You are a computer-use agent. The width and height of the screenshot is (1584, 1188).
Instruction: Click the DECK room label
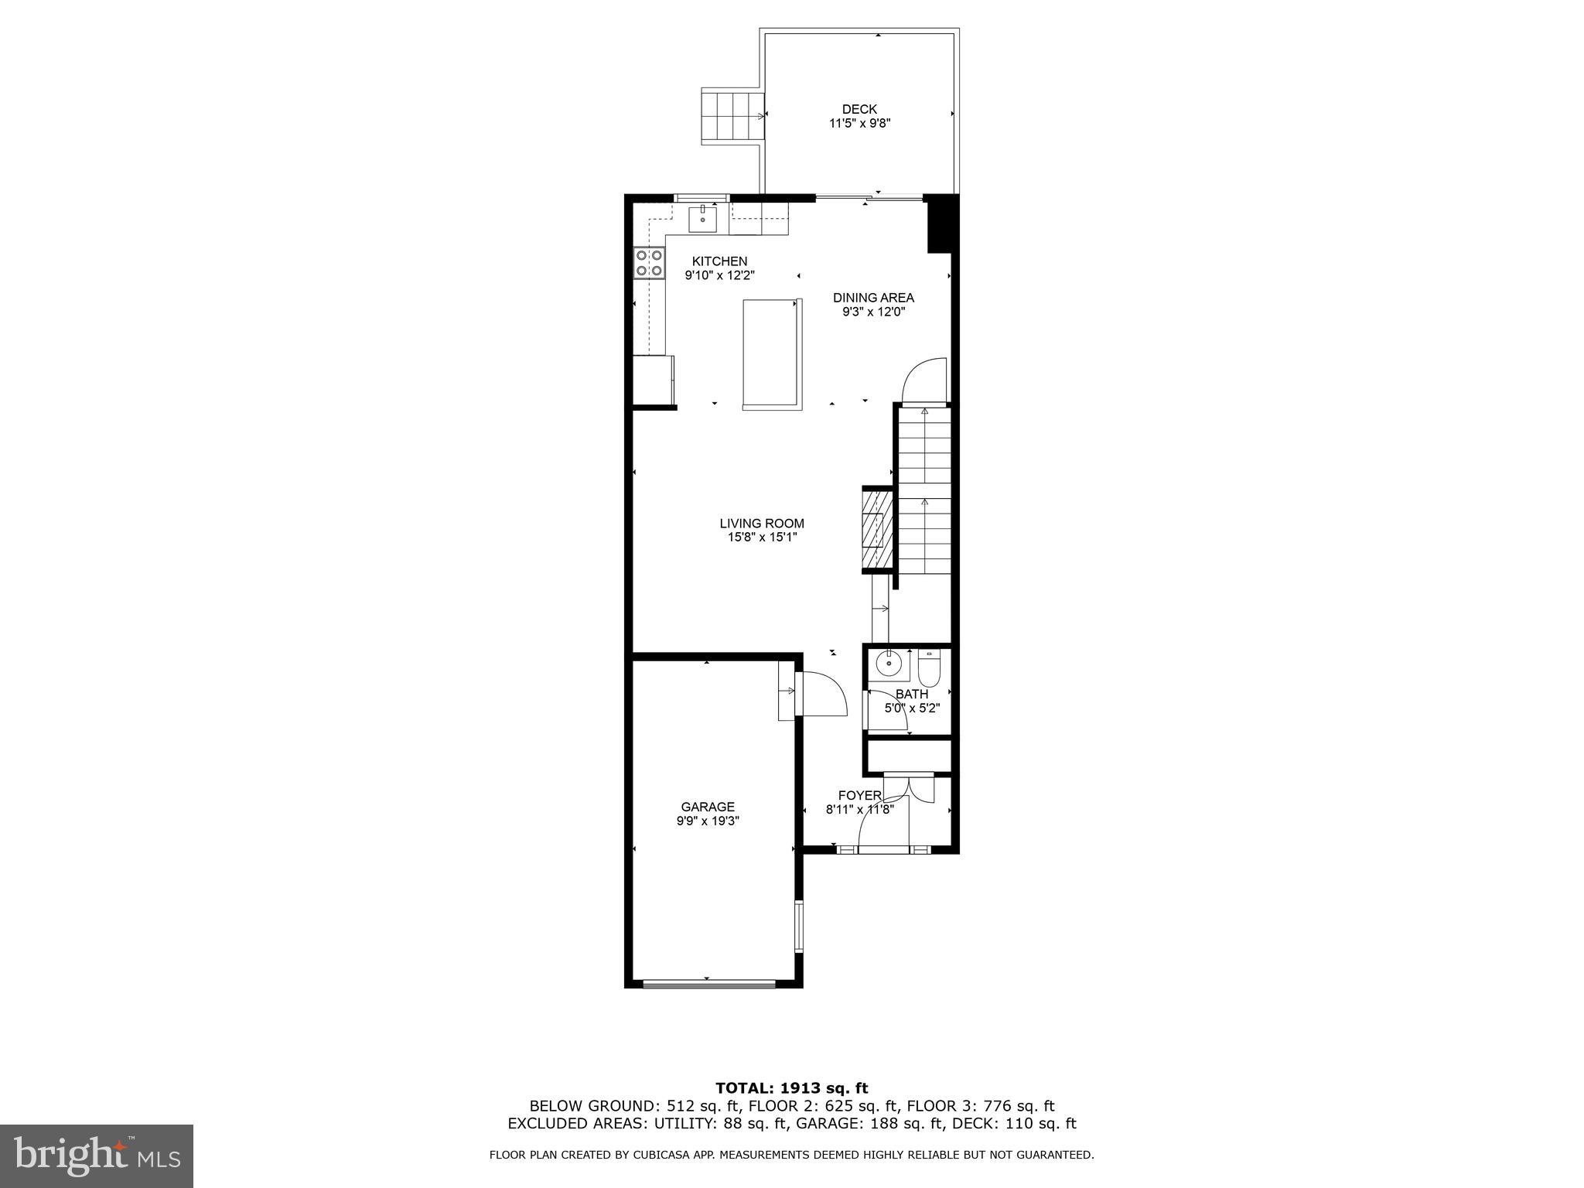[x=859, y=110]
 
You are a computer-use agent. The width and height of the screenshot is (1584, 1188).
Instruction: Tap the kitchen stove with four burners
[x=649, y=262]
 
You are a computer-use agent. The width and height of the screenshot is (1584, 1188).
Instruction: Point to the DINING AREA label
[x=873, y=298]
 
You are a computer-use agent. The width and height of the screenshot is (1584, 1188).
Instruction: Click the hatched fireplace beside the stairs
[x=877, y=530]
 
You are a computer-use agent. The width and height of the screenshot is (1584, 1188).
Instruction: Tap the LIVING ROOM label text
[x=762, y=524]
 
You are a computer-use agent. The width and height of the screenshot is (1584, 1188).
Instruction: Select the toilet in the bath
[x=928, y=669]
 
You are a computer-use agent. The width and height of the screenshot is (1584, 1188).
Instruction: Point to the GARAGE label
[x=708, y=807]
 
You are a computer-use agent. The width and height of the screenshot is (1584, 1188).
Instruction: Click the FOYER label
[x=859, y=796]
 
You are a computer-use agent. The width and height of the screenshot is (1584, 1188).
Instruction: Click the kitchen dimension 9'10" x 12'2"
[x=719, y=275]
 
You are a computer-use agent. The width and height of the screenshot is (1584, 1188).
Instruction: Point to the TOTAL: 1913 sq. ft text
[x=791, y=1089]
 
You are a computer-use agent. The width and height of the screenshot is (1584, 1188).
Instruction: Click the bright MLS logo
[x=97, y=1156]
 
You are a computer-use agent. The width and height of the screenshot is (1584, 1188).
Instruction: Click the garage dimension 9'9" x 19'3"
[x=708, y=821]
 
